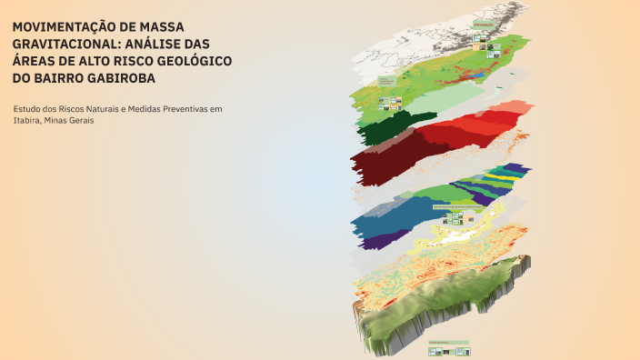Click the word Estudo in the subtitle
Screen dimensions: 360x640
coord(27,110)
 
